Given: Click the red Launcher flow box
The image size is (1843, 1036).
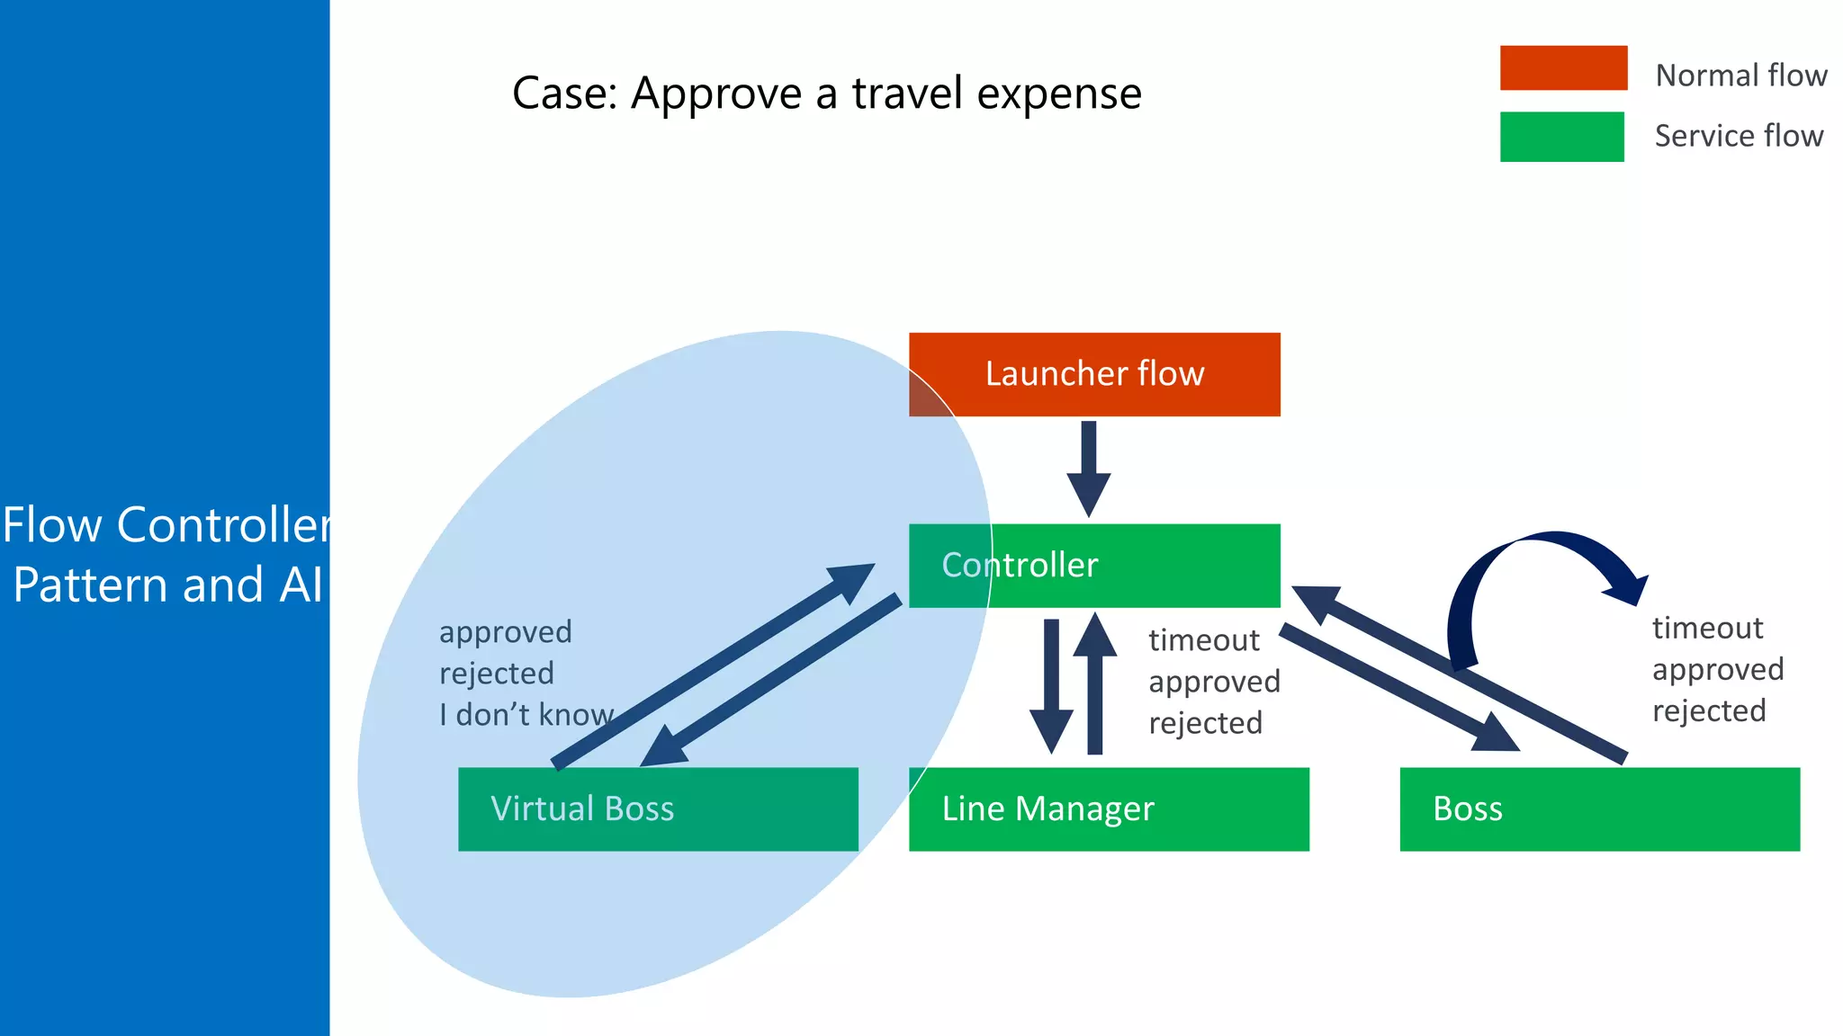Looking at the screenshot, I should coord(1094,374).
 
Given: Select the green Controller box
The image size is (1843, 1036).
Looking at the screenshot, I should coord(1094,565).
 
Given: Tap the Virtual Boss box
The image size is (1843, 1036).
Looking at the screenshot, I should coord(658,808).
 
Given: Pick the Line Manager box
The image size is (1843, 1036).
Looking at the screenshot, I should coord(1109,808).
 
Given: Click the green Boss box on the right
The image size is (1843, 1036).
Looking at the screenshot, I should coord(1599,808).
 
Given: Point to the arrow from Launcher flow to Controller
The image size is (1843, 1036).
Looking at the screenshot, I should coord(1088,468).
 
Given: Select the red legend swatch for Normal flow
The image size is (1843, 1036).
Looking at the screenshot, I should coord(1563,67).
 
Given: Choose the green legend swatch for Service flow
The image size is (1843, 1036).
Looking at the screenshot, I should coord(1561,137).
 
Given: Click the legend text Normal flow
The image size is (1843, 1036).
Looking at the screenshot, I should coord(1740,76).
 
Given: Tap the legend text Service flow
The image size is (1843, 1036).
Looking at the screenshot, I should coord(1739,136).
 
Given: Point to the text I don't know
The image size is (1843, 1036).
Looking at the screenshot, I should coord(526,715).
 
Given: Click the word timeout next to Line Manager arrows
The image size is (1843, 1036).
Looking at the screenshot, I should coord(1203,640).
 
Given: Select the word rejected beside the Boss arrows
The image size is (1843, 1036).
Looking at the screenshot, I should coord(1708,710).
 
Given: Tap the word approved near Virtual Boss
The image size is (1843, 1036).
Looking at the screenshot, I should coord(505,632).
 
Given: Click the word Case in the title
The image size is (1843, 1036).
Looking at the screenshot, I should coord(562,94).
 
